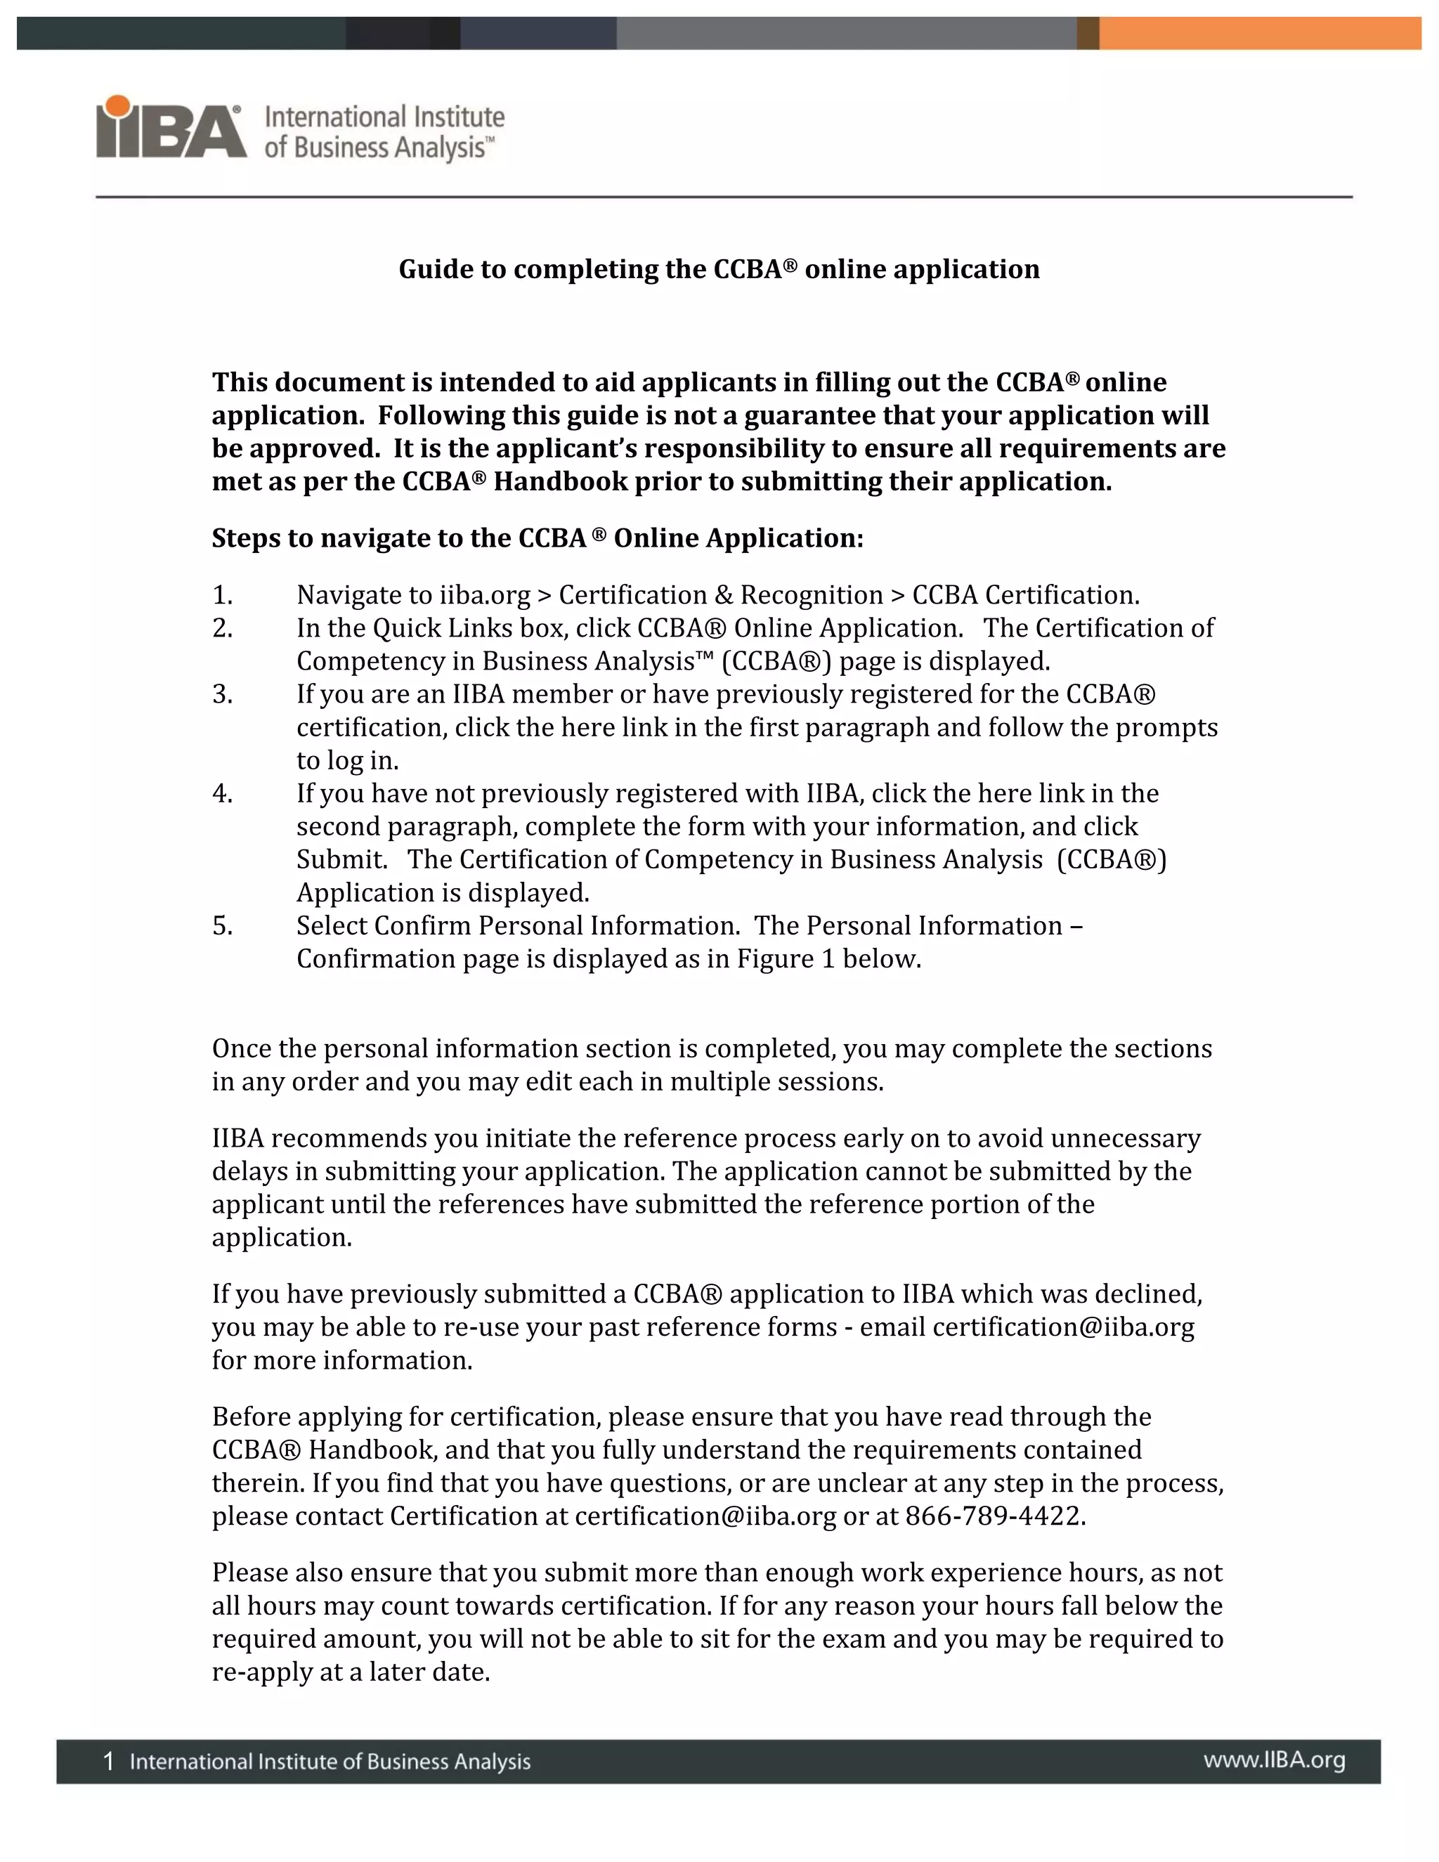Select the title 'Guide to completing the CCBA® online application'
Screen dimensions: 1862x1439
click(719, 269)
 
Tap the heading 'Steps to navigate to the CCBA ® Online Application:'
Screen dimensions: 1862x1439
click(537, 539)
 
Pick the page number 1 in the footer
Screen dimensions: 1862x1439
click(108, 1762)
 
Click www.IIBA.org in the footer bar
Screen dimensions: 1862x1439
click(1274, 1761)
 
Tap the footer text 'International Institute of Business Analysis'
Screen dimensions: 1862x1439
click(330, 1762)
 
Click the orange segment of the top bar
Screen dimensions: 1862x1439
click(1259, 33)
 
